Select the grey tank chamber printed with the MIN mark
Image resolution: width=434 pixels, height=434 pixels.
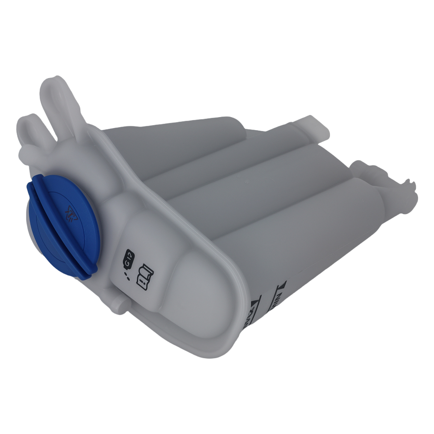coord(312,243)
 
